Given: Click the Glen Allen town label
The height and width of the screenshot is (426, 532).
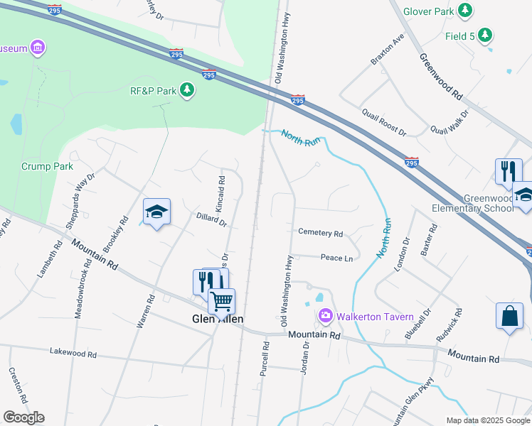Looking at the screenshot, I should click(x=218, y=319).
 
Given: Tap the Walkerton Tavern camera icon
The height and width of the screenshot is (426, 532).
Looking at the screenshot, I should click(x=326, y=315).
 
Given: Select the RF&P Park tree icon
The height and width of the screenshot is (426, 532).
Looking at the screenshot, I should click(x=187, y=90).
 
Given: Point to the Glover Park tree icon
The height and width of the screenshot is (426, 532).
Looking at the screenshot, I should click(x=465, y=11).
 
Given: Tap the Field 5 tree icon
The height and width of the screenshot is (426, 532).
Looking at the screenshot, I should click(x=485, y=35).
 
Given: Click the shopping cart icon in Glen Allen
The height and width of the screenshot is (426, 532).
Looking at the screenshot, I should click(x=221, y=300).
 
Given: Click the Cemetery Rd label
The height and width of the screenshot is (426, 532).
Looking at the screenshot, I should click(x=320, y=232).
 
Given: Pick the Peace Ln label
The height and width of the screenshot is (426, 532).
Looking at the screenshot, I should click(x=336, y=258).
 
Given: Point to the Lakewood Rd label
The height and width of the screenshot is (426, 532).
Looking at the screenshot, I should click(x=73, y=352).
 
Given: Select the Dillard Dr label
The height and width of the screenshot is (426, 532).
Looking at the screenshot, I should click(x=211, y=221).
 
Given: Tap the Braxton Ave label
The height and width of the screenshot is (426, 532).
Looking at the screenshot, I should click(x=387, y=49).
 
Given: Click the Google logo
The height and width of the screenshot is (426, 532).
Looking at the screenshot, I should click(x=23, y=417).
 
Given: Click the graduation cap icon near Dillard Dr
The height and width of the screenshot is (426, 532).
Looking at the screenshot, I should click(x=156, y=212).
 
